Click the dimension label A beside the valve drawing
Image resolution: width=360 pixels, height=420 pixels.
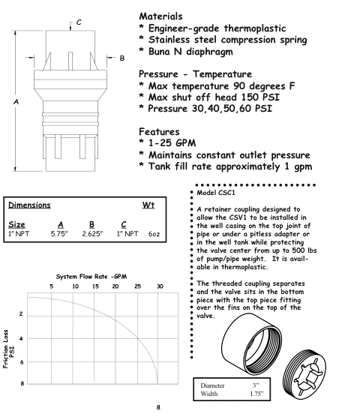(x=16, y=102)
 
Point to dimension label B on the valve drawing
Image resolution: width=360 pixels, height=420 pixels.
(x=121, y=58)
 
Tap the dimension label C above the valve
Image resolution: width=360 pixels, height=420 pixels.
(x=79, y=22)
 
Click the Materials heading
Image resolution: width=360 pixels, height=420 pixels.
(x=160, y=16)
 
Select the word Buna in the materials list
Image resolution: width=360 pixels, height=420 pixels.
(x=159, y=51)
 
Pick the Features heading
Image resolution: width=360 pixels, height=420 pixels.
(x=159, y=132)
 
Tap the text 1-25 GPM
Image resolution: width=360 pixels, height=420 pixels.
(x=172, y=143)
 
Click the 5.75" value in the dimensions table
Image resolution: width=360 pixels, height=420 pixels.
(x=59, y=234)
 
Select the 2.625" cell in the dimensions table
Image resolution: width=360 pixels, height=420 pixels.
(x=92, y=234)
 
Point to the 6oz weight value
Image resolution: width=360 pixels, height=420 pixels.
(x=154, y=234)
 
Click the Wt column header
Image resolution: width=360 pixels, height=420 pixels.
(x=148, y=205)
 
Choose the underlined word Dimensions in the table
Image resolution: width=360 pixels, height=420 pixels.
(x=29, y=205)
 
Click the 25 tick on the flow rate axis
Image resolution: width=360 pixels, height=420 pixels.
(x=137, y=286)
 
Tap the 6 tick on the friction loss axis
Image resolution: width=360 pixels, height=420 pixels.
(x=21, y=361)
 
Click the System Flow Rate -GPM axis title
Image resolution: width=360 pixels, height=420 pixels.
(x=91, y=277)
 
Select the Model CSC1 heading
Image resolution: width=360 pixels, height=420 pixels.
(x=216, y=193)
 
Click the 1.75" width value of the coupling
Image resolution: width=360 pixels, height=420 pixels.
(x=256, y=394)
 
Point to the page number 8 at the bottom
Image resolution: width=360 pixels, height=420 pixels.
(x=158, y=407)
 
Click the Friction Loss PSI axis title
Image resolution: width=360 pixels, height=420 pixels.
(x=8, y=349)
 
